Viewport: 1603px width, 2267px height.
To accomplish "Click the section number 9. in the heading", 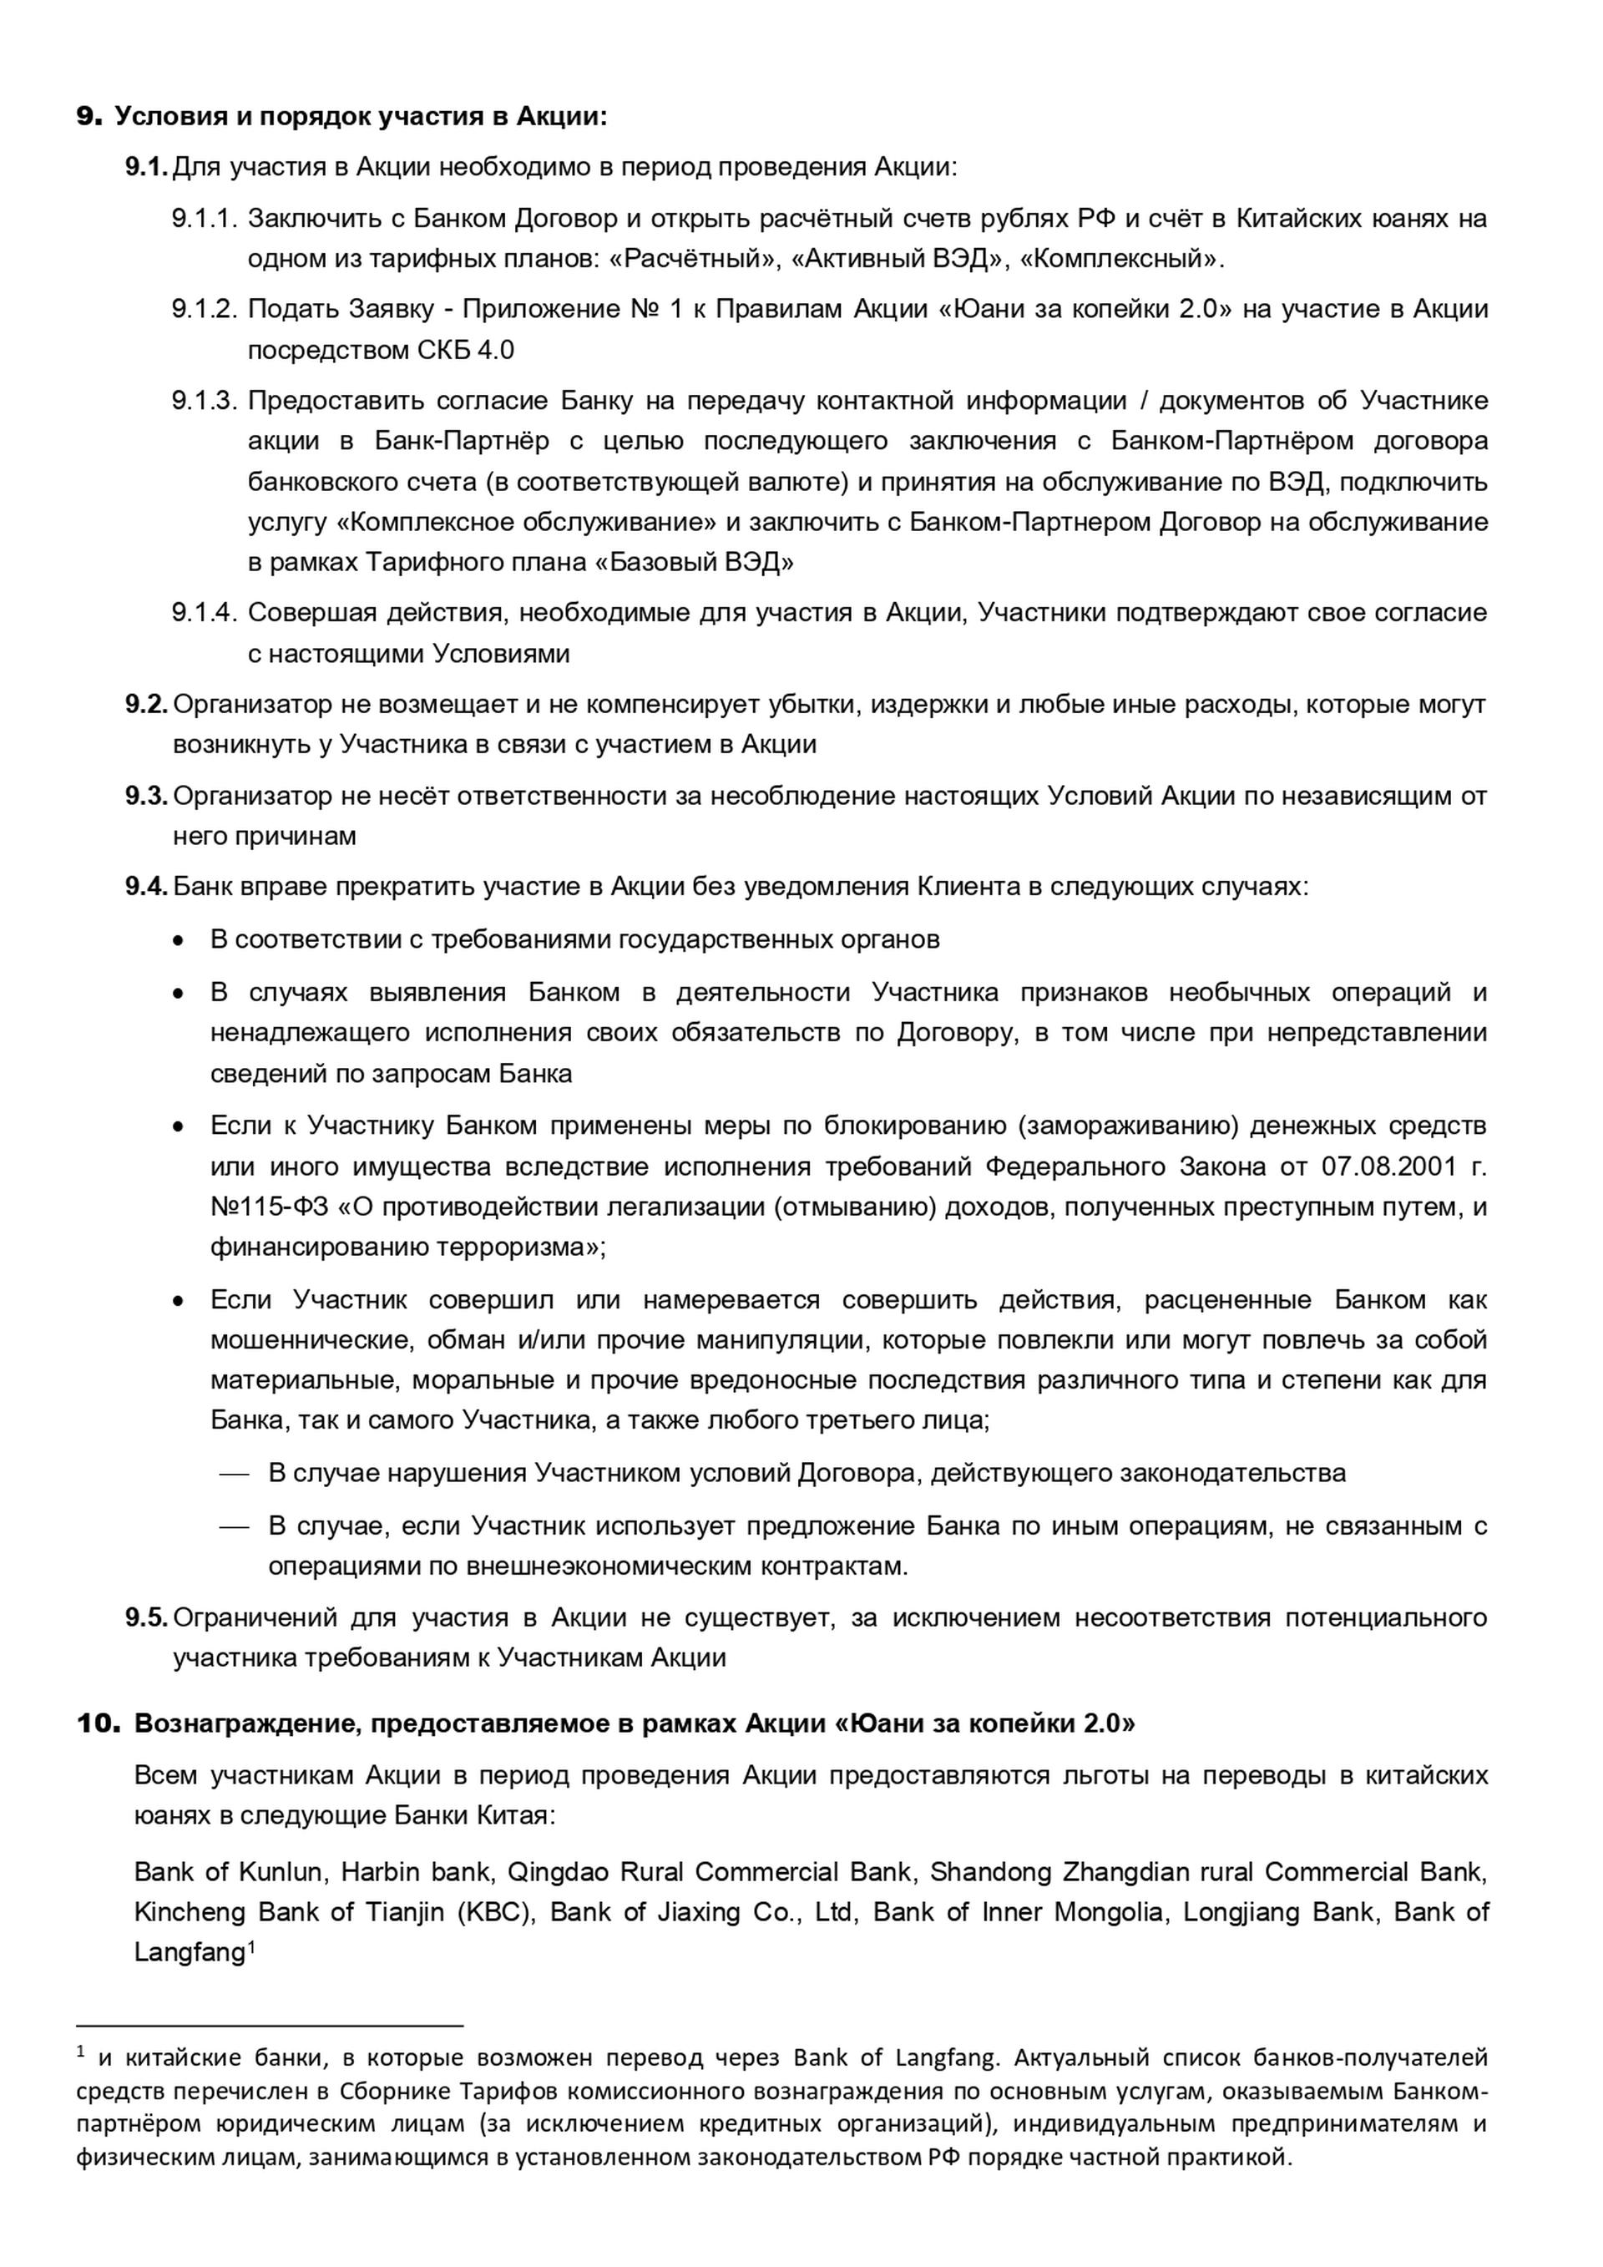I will click(88, 117).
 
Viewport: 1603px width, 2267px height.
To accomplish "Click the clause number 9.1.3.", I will click(205, 400).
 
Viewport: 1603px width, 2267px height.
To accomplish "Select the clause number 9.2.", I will click(146, 704).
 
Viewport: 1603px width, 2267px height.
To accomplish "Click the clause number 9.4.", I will click(146, 886).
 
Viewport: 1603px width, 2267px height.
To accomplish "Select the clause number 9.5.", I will click(146, 1617).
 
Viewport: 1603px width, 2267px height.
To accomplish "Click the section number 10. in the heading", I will click(98, 1723).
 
